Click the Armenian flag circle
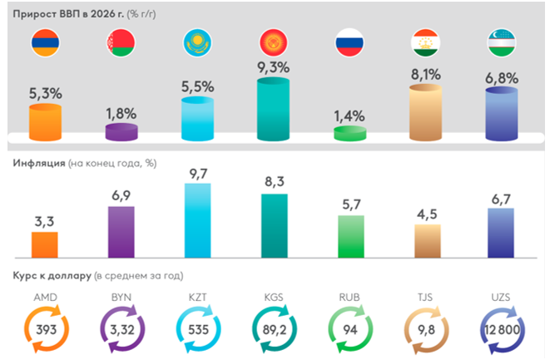pyautogui.click(x=44, y=45)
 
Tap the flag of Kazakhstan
pyautogui.click(x=196, y=45)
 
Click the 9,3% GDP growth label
pyautogui.click(x=273, y=66)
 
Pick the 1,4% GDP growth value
pyautogui.click(x=349, y=116)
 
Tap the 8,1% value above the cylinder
pyautogui.click(x=425, y=74)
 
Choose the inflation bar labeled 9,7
pyautogui.click(x=197, y=219)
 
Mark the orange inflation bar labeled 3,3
pyautogui.click(x=44, y=244)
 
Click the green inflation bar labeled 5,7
pyautogui.click(x=349, y=236)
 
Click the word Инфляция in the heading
pyautogui.click(x=39, y=163)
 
